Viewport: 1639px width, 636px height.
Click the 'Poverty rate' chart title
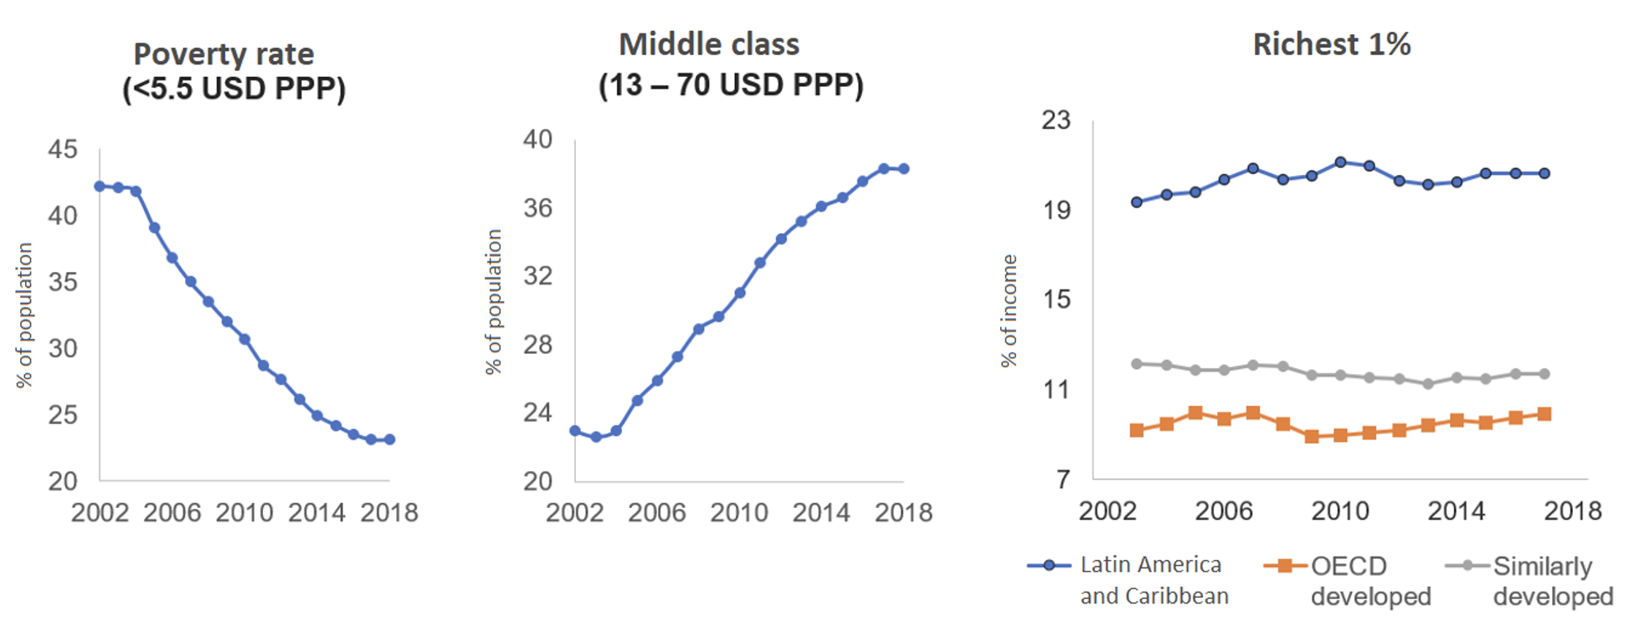[x=223, y=54]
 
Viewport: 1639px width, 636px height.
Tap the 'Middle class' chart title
[x=709, y=44]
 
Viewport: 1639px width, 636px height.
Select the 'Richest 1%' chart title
[x=1331, y=44]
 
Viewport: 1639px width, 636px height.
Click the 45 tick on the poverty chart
[x=63, y=150]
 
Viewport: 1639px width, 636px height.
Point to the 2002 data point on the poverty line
[x=100, y=186]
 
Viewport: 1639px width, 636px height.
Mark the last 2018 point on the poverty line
[x=389, y=439]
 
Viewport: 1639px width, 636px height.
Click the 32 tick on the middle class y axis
[x=538, y=276]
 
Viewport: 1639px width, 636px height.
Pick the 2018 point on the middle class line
[x=903, y=169]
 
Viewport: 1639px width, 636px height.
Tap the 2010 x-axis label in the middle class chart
[x=739, y=512]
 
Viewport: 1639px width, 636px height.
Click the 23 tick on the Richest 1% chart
[x=1056, y=121]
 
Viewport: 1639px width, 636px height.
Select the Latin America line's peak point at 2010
[x=1340, y=162]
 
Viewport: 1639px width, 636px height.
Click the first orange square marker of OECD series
[x=1137, y=430]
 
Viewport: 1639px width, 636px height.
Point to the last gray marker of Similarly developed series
[x=1544, y=374]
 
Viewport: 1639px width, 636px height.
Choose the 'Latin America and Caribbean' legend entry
[x=1151, y=580]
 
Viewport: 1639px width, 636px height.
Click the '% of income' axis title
[x=1010, y=310]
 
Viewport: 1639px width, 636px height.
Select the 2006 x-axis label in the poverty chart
[x=172, y=512]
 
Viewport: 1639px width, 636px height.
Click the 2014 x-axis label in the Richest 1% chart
[x=1456, y=510]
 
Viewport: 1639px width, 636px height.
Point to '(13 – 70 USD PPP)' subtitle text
[x=730, y=85]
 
